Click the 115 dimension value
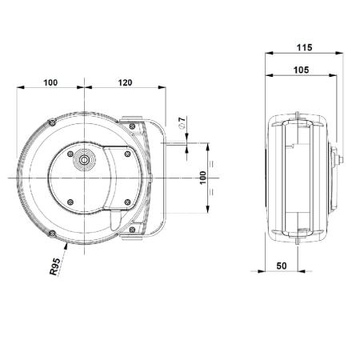pyautogui.click(x=304, y=47)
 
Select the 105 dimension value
pyautogui.click(x=301, y=70)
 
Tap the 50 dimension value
pyautogui.click(x=282, y=266)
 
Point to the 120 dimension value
pyautogui.click(x=125, y=82)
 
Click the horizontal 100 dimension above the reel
pyautogui.click(x=50, y=82)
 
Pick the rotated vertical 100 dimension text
pyautogui.click(x=203, y=178)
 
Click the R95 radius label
pyautogui.click(x=55, y=266)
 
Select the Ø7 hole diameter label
pyautogui.click(x=182, y=122)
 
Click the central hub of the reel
pyautogui.click(x=85, y=160)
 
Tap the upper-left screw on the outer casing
pyautogui.click(x=52, y=122)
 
